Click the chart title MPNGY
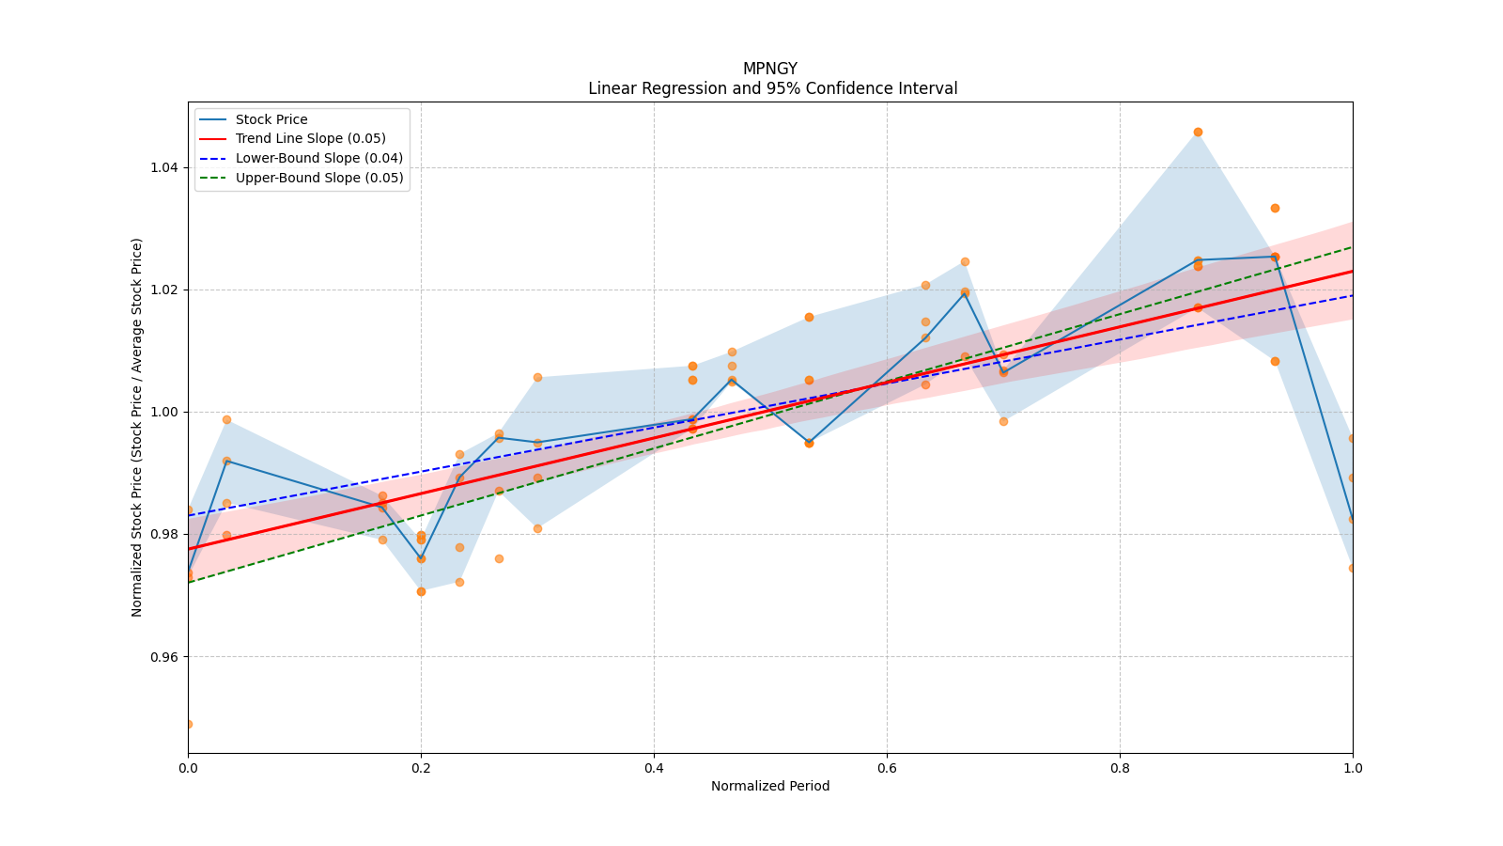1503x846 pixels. pos(769,69)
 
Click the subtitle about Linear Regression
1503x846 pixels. pos(772,88)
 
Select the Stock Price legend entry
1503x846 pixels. pos(271,119)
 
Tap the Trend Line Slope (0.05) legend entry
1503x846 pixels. pos(310,139)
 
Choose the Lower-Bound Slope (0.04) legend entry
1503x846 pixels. pos(318,159)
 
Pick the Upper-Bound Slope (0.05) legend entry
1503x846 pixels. pos(319,178)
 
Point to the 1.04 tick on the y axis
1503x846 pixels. pos(164,167)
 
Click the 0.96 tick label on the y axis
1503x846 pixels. pos(164,656)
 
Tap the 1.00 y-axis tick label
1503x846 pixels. pos(164,412)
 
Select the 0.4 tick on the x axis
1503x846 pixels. pos(654,768)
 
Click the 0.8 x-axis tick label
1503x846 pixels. pos(1120,768)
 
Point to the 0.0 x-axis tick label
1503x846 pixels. pos(188,768)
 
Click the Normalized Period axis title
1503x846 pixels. pos(770,786)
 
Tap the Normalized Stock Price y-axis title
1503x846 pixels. pos(137,427)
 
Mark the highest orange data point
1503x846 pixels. pos(1198,132)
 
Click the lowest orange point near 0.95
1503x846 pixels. pos(188,724)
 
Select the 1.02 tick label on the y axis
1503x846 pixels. pos(164,290)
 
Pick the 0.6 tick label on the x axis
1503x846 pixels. pos(887,768)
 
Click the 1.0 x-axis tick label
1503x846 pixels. pos(1353,768)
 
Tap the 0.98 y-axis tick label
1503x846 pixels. pos(164,534)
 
